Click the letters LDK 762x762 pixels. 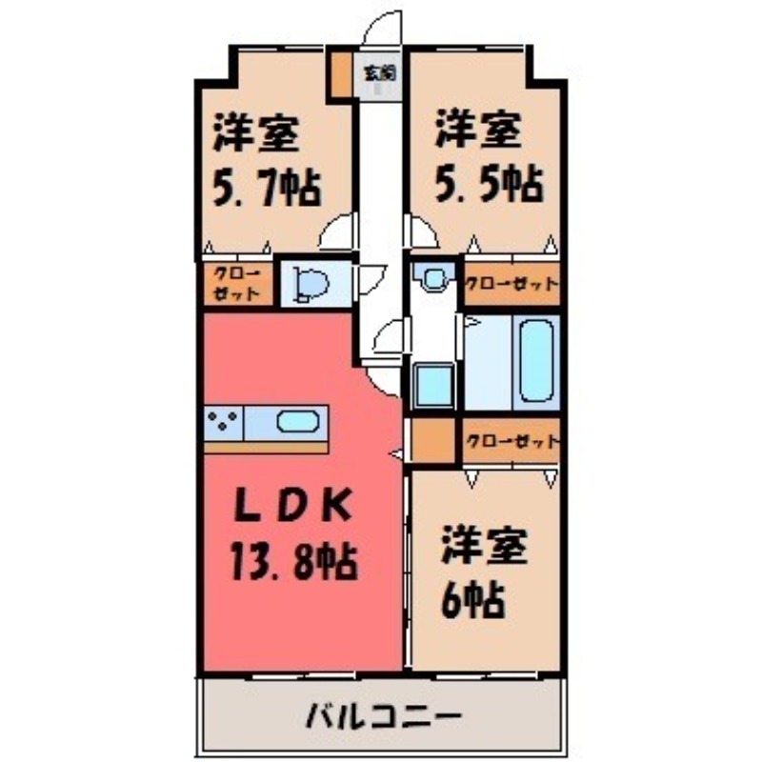point(294,506)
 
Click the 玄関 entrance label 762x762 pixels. point(381,70)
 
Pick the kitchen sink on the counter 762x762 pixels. point(299,421)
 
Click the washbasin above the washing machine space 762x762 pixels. point(433,279)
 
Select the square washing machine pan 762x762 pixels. point(433,386)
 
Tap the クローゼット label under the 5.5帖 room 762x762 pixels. point(511,283)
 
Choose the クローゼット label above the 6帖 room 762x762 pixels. point(511,442)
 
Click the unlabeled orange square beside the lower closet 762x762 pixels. point(433,441)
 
